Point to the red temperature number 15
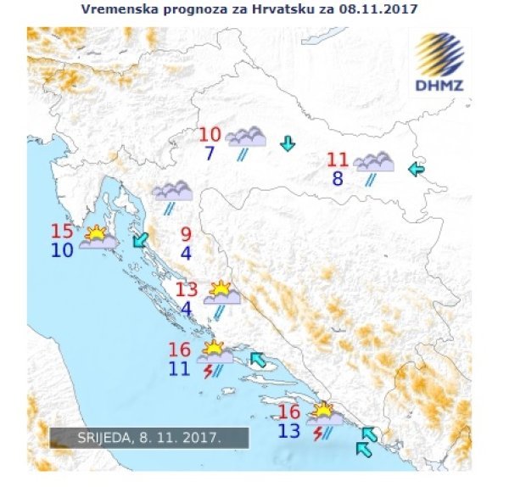click(62, 232)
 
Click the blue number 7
click(210, 154)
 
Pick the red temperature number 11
click(338, 160)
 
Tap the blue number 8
click(338, 178)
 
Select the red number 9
click(186, 234)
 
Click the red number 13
click(187, 289)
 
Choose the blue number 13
click(288, 430)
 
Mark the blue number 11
click(179, 368)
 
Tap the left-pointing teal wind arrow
click(416, 170)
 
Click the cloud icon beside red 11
click(374, 162)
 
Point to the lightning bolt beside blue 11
click(207, 371)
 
